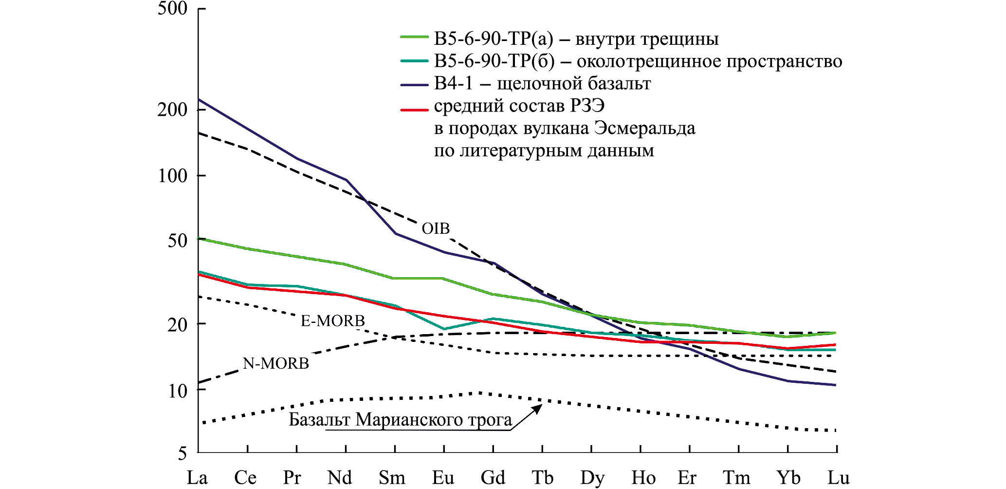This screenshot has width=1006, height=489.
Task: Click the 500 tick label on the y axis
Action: pyautogui.click(x=172, y=9)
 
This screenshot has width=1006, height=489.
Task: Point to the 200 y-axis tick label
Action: pyautogui.click(x=172, y=110)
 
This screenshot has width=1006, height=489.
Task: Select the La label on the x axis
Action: pyautogui.click(x=197, y=478)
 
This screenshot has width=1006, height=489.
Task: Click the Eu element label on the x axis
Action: pyautogui.click(x=443, y=478)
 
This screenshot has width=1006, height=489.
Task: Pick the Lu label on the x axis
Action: pyautogui.click(x=838, y=478)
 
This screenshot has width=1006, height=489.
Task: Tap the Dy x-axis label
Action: pyautogui.click(x=592, y=478)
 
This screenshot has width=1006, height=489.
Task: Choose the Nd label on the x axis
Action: pyautogui.click(x=340, y=478)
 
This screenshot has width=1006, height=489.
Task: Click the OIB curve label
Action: pyautogui.click(x=436, y=228)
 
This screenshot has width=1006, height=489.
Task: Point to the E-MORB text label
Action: pyautogui.click(x=333, y=320)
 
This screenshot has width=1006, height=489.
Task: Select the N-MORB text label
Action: pyautogui.click(x=276, y=363)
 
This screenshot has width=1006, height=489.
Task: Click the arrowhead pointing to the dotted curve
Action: pyautogui.click(x=537, y=408)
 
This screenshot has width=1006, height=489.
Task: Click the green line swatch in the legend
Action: pyautogui.click(x=414, y=37)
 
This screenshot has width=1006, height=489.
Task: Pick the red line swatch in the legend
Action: pyautogui.click(x=414, y=110)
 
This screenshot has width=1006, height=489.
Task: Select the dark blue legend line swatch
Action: pyautogui.click(x=414, y=85)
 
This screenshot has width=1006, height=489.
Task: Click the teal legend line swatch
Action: pyautogui.click(x=414, y=61)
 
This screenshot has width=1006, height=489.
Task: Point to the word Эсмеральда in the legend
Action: pyautogui.click(x=645, y=129)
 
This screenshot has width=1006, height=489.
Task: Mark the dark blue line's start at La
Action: pyautogui.click(x=199, y=100)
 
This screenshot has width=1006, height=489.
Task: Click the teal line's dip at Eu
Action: pyautogui.click(x=444, y=329)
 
